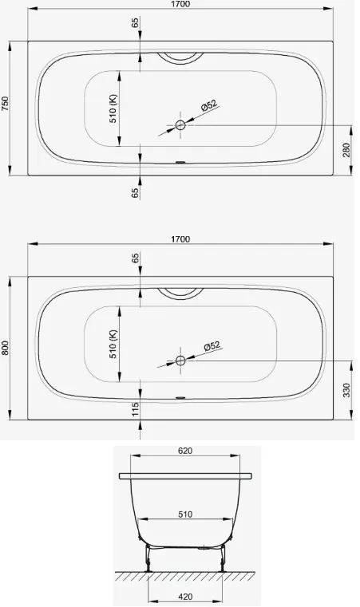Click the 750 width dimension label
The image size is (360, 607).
(5, 104)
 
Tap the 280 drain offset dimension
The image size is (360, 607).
(346, 150)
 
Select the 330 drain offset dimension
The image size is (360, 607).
(346, 390)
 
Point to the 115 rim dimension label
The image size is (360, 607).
(135, 409)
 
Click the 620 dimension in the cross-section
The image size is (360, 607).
(185, 451)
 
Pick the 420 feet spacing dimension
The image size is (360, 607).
(185, 597)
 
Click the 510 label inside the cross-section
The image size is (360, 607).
(185, 514)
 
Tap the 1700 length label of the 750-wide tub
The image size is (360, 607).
(180, 4)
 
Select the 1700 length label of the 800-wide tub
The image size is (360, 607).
(180, 239)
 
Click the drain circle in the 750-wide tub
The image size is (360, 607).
(180, 125)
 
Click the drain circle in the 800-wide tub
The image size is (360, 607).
(180, 361)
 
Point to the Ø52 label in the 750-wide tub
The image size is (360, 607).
(210, 105)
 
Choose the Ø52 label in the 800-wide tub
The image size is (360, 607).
(212, 345)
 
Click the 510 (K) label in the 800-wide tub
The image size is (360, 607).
(113, 344)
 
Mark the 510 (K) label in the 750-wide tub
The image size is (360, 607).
(113, 108)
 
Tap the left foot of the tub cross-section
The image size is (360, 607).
(148, 558)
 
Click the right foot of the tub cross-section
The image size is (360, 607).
(223, 558)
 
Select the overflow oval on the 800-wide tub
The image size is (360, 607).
(180, 397)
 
